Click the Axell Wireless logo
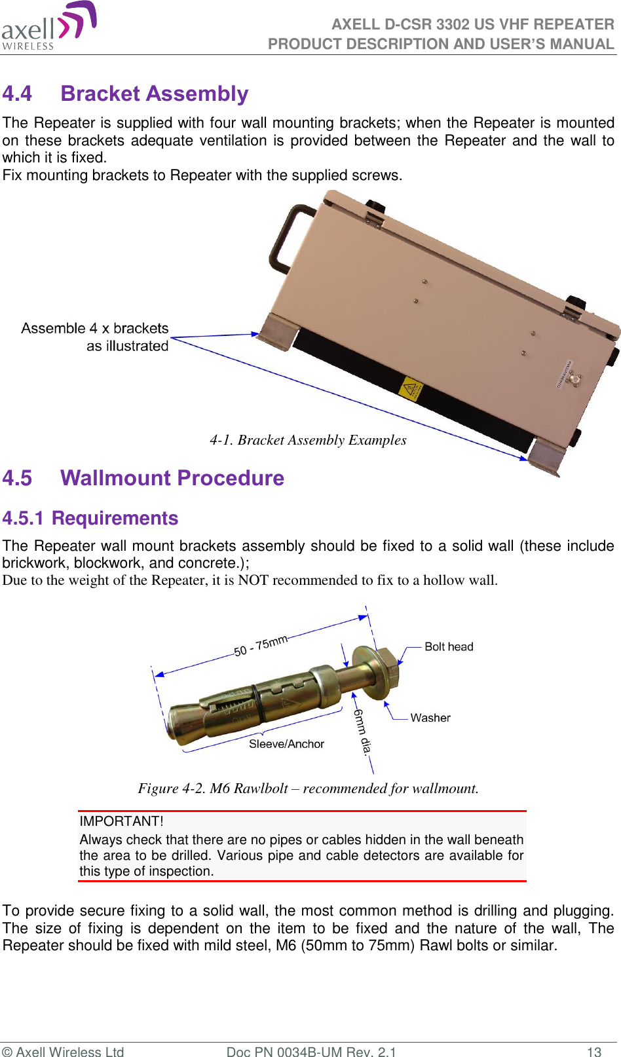pyautogui.click(x=49, y=26)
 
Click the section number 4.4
pyautogui.click(x=17, y=94)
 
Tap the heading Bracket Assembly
pyautogui.click(x=155, y=94)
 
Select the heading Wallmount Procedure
pyautogui.click(x=172, y=478)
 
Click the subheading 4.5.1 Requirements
pyautogui.click(x=90, y=518)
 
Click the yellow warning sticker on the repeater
pyautogui.click(x=411, y=390)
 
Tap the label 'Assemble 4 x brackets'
pyautogui.click(x=95, y=328)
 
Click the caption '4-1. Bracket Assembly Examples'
pyautogui.click(x=308, y=440)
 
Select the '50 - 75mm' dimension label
pyautogui.click(x=261, y=645)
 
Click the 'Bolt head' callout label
pyautogui.click(x=449, y=647)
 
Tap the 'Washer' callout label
pyautogui.click(x=430, y=718)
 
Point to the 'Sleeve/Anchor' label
pyautogui.click(x=286, y=744)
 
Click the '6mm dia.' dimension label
pyautogui.click(x=362, y=731)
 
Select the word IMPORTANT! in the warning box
pyautogui.click(x=121, y=821)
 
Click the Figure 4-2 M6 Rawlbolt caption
pyautogui.click(x=308, y=788)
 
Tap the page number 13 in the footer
pyautogui.click(x=593, y=1052)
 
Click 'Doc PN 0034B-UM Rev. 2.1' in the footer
pyautogui.click(x=311, y=1052)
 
